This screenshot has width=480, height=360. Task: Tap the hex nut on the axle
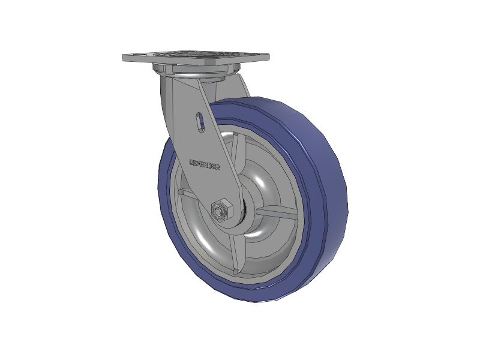click(x=219, y=211)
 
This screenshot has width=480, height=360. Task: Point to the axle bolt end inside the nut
click(x=218, y=211)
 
